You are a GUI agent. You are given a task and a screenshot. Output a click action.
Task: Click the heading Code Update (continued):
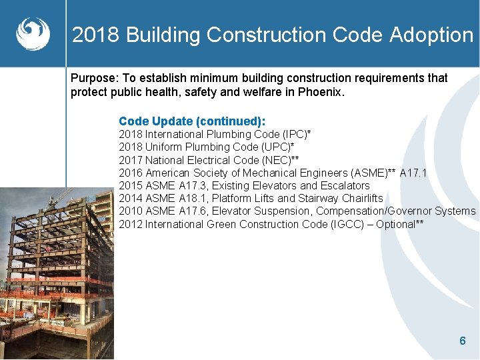tap(192, 121)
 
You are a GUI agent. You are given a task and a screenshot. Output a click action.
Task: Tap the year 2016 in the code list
tap(131, 173)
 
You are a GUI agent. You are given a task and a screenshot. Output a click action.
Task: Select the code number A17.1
tap(413, 173)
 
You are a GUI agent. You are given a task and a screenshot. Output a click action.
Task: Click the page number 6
tap(463, 341)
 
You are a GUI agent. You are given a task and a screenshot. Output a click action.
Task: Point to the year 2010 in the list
tap(131, 211)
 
